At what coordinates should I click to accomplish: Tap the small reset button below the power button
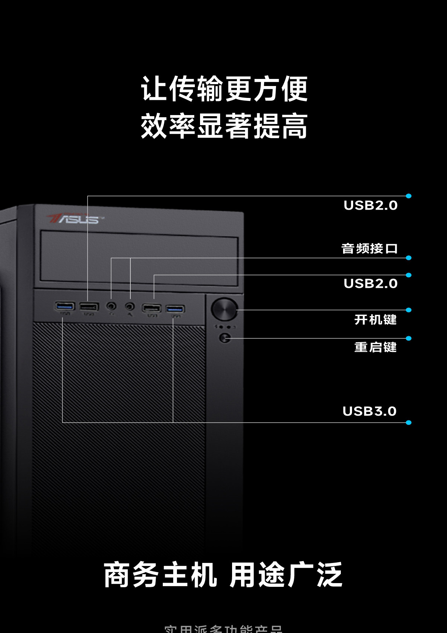(x=225, y=338)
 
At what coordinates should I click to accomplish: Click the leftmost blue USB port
(x=65, y=306)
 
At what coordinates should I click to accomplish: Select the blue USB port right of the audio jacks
(x=175, y=309)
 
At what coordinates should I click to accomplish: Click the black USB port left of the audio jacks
(x=89, y=307)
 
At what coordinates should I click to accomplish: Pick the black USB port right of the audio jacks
(x=152, y=308)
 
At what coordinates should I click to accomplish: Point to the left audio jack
(x=111, y=306)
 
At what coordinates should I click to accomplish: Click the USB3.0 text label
(x=369, y=411)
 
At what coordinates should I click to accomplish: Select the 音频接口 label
(x=369, y=248)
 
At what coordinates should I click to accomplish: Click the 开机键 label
(x=375, y=319)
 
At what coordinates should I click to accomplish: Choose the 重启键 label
(x=375, y=347)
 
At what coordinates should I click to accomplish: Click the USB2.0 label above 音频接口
(x=370, y=205)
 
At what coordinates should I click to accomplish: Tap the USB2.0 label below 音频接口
(x=370, y=283)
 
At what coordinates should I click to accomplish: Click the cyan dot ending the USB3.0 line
(x=409, y=423)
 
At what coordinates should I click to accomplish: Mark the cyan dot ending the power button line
(x=409, y=310)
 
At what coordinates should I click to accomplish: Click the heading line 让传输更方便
(x=224, y=89)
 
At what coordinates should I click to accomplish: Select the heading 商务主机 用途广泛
(x=223, y=575)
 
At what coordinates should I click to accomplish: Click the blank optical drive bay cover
(x=139, y=258)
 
